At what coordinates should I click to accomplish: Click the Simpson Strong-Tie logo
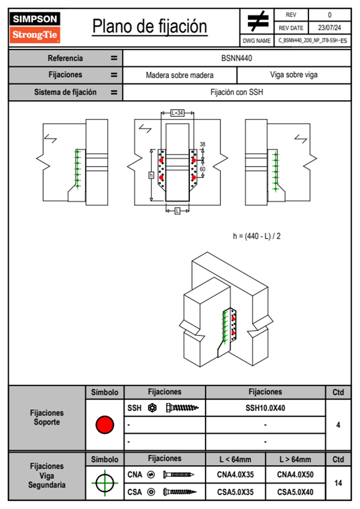(34, 27)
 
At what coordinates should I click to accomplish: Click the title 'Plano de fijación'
(150, 26)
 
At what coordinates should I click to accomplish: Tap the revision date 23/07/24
(329, 28)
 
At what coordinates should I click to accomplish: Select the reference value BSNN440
(237, 58)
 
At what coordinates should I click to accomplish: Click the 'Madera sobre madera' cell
(180, 75)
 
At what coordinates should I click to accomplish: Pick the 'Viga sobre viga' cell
(294, 75)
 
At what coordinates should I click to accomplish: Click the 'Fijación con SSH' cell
(237, 92)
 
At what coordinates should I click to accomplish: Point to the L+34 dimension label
(177, 113)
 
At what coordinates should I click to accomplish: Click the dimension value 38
(202, 144)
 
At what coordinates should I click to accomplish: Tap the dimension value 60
(202, 169)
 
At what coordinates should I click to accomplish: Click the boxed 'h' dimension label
(151, 175)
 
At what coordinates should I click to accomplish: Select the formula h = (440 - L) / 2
(257, 236)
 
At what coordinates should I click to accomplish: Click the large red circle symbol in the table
(105, 425)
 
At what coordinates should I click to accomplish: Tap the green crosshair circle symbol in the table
(105, 483)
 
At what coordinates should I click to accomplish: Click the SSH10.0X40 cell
(265, 408)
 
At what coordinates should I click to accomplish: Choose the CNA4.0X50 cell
(295, 475)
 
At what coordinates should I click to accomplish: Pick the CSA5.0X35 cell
(235, 492)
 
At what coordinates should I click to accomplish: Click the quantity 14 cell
(338, 483)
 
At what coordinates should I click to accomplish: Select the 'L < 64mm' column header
(235, 459)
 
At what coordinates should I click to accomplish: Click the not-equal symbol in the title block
(258, 21)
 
